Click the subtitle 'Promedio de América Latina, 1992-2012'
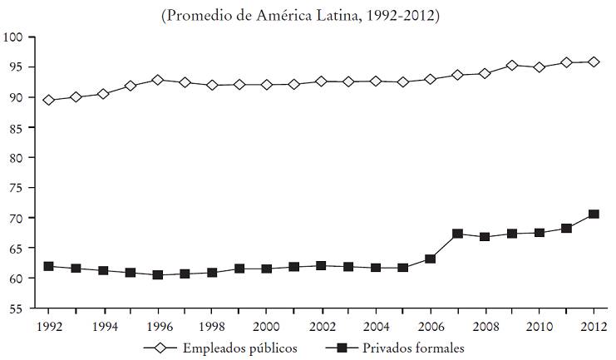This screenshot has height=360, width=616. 308,15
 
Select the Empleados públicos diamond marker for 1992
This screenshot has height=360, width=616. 49,100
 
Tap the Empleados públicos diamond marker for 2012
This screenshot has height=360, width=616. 594,62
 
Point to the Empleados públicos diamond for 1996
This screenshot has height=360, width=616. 158,80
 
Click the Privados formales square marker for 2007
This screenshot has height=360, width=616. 457,234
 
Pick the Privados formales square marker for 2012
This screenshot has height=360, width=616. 594,215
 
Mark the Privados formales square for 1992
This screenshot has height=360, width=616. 49,266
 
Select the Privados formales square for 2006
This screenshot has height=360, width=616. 430,259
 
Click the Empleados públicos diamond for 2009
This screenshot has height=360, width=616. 512,65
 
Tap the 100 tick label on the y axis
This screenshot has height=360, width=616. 12,37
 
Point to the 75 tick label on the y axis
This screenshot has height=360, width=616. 16,188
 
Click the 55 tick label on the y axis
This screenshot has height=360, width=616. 16,308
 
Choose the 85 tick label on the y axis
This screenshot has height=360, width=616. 16,127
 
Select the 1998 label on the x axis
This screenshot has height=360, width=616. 212,325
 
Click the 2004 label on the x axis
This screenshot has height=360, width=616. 376,325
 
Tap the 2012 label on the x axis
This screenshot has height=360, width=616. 594,325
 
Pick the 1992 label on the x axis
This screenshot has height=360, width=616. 49,325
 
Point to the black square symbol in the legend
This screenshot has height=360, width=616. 342,348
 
